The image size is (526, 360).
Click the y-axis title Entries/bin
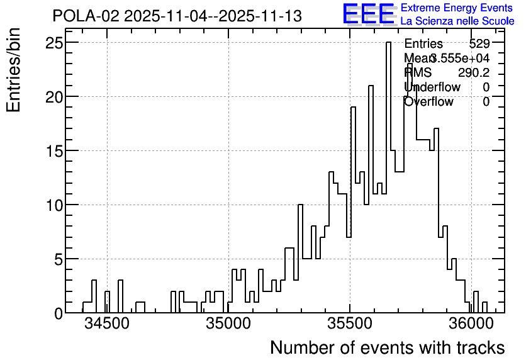(x=14, y=70)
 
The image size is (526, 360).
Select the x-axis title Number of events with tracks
(x=387, y=347)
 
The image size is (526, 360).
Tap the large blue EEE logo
(x=369, y=14)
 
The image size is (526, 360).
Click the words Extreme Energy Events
(x=456, y=8)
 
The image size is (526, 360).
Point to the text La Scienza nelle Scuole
(x=457, y=21)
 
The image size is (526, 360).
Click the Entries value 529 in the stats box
(x=479, y=44)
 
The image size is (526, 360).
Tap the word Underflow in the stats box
(x=432, y=87)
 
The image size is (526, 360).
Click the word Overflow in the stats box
(x=428, y=102)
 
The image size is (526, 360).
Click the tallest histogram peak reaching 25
(x=388, y=43)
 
